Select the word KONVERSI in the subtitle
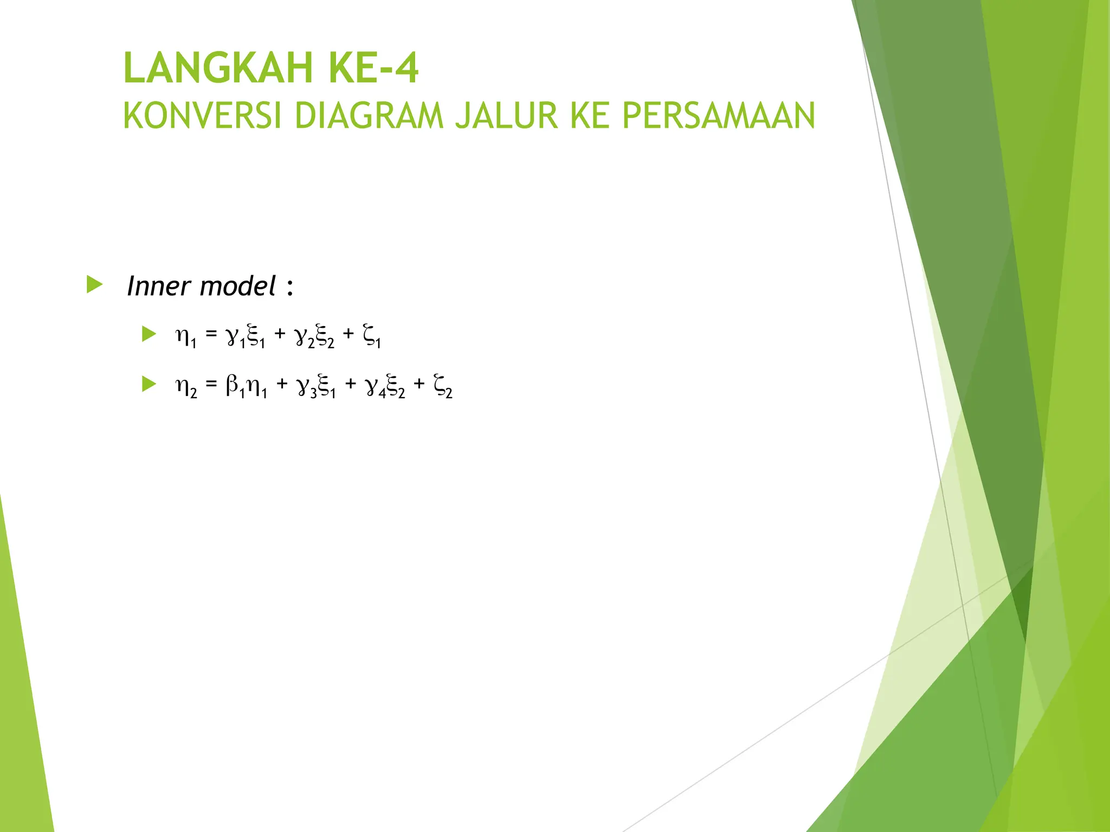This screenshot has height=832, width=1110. click(203, 115)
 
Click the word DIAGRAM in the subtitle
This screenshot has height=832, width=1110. click(369, 115)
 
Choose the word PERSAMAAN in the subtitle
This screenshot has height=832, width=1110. click(718, 115)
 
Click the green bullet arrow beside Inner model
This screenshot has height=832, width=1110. click(94, 284)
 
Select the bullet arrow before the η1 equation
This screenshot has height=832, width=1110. click(149, 334)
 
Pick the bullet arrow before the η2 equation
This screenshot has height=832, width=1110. click(149, 385)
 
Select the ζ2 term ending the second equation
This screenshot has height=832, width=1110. click(443, 387)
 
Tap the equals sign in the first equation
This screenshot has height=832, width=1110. click(211, 334)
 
